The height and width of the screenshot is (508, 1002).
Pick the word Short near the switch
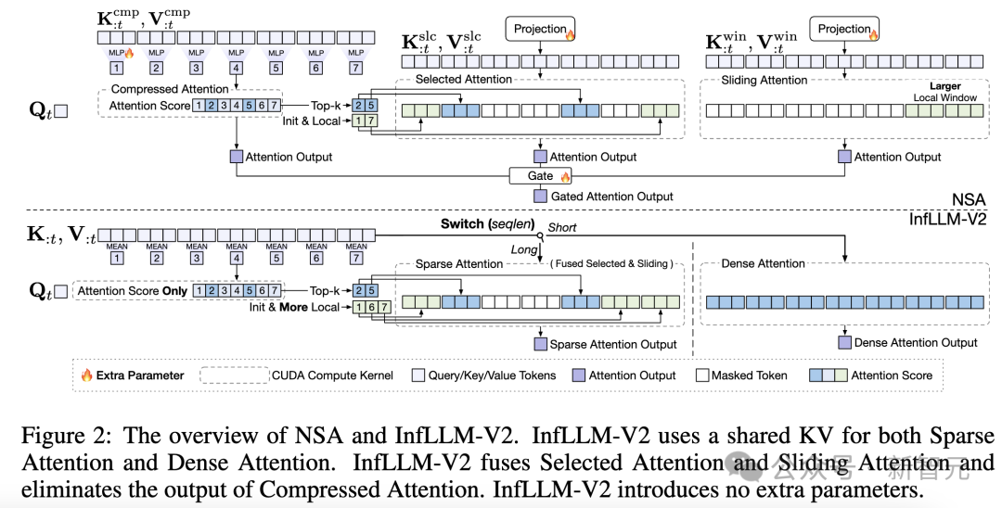tap(561, 227)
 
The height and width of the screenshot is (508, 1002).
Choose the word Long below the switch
tap(524, 249)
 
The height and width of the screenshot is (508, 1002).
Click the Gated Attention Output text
tap(612, 197)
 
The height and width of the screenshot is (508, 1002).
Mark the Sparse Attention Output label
tap(613, 344)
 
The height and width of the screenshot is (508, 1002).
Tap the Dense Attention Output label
tap(916, 342)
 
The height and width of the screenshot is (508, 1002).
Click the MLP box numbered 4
tap(237, 68)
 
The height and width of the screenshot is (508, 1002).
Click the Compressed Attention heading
tap(170, 89)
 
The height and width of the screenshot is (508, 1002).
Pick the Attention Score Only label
tap(133, 290)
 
